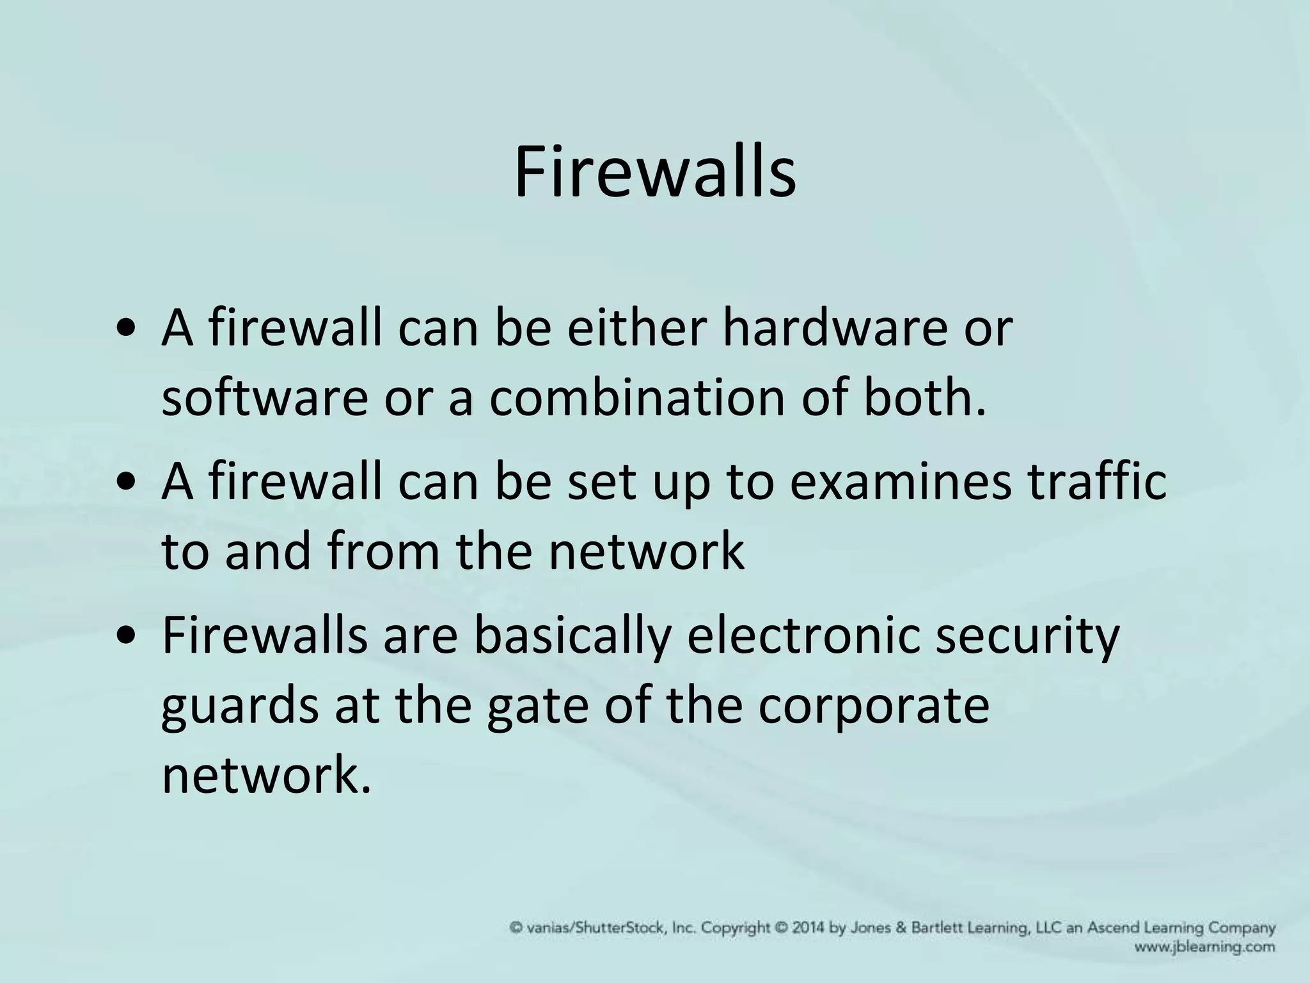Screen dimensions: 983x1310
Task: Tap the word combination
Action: pyautogui.click(x=637, y=398)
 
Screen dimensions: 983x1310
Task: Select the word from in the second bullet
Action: pyautogui.click(x=383, y=552)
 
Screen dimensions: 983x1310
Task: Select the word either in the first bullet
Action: pyautogui.click(x=637, y=328)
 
